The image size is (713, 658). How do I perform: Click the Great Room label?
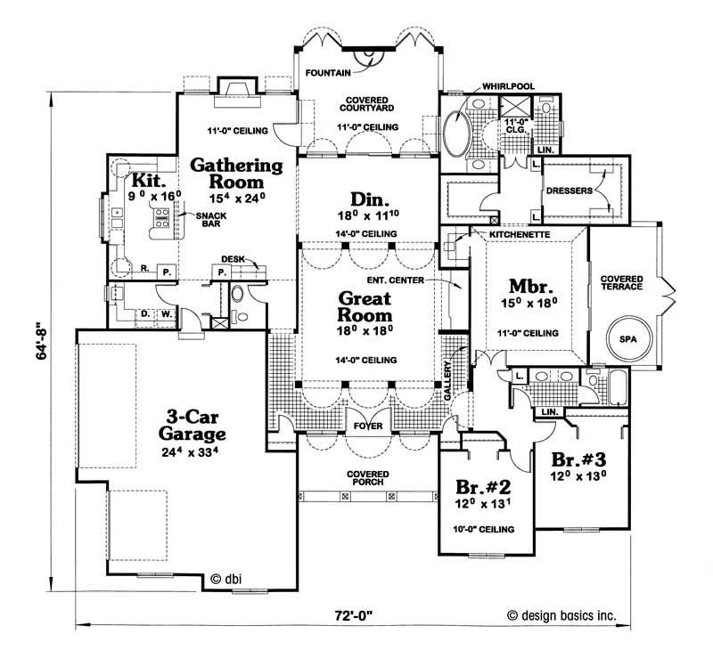pyautogui.click(x=365, y=306)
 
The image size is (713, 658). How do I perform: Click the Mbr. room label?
pyautogui.click(x=526, y=288)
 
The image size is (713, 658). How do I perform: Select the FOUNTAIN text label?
pyautogui.click(x=328, y=71)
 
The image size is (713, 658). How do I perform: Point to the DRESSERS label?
pyautogui.click(x=570, y=190)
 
